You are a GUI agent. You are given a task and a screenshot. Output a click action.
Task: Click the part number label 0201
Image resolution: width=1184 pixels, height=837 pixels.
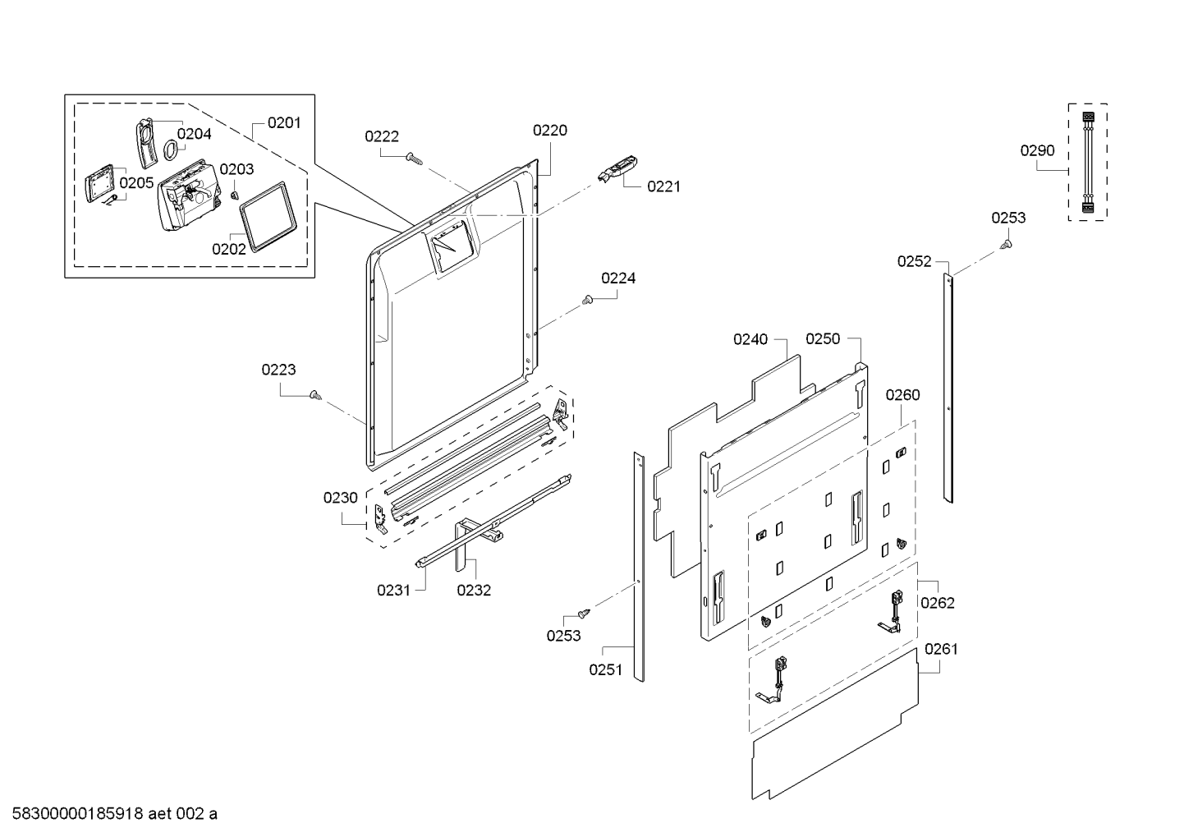[x=284, y=122]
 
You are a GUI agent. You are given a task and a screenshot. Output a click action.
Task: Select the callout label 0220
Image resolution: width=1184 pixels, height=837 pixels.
[x=550, y=131]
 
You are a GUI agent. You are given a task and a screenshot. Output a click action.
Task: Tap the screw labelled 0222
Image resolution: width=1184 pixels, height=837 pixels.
[x=414, y=158]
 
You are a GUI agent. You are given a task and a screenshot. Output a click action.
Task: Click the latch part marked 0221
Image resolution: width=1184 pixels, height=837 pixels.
[x=618, y=168]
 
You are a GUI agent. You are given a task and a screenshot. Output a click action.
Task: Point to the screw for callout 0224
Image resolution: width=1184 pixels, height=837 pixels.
[x=587, y=301]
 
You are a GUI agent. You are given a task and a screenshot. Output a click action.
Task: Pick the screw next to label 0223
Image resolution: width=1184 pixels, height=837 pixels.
[x=315, y=395]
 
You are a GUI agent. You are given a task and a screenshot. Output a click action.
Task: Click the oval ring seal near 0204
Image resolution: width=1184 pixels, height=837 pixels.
[x=170, y=149]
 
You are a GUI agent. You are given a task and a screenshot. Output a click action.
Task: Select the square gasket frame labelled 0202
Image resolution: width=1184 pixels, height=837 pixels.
[x=268, y=216]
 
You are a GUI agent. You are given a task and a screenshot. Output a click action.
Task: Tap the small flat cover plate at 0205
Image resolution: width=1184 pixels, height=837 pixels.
[x=99, y=183]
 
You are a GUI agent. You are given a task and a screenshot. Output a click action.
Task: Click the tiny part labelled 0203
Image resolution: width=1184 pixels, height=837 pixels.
[x=234, y=195]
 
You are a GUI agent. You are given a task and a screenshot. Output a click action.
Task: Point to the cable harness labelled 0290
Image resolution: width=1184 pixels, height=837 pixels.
[x=1088, y=162]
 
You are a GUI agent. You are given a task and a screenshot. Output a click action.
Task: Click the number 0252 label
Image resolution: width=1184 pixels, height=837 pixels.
[x=914, y=261]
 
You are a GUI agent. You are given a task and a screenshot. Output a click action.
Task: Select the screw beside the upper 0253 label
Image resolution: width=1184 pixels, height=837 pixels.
[x=1007, y=244]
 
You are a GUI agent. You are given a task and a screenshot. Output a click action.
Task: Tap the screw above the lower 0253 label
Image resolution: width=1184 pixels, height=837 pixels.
[x=584, y=614]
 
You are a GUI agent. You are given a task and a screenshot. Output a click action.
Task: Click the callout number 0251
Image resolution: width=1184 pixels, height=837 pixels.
[x=606, y=670]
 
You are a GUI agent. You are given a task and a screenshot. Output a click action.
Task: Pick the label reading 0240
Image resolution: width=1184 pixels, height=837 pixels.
[x=750, y=339]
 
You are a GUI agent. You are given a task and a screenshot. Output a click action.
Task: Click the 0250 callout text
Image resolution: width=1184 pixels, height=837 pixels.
[x=823, y=339]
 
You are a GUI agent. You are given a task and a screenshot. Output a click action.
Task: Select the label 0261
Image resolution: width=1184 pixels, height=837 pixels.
[x=941, y=649]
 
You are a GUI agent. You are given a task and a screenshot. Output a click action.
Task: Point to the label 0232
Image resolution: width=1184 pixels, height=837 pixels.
[x=474, y=590]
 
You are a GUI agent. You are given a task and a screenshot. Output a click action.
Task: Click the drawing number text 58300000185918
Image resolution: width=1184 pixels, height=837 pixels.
[x=77, y=814]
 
